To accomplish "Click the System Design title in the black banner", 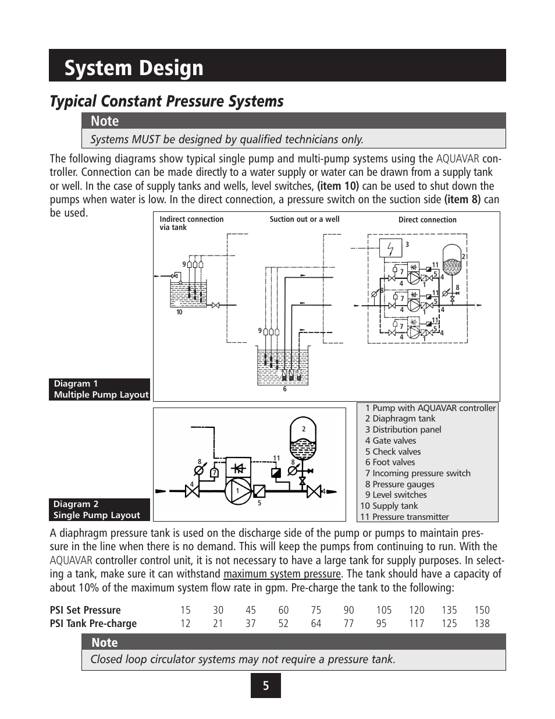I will point(134,68).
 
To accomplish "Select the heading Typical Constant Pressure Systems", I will point(166,101).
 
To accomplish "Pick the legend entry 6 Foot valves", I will point(390,462).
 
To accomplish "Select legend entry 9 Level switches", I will point(396,495).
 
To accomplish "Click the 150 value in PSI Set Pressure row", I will point(482,610).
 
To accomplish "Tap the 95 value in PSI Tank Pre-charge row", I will point(382,624).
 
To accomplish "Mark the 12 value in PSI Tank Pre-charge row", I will point(185,624).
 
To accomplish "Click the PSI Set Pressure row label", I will point(85,610).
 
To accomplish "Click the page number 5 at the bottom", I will point(266,685).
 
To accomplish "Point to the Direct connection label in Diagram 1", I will point(427,220).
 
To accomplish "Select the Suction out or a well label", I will point(304,219).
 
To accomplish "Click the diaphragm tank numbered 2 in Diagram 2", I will point(303,438).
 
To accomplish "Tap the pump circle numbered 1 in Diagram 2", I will point(238,491).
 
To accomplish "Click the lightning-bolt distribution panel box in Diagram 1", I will point(390,248).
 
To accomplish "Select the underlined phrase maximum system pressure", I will point(282,574).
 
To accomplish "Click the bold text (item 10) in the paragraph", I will point(338,186).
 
